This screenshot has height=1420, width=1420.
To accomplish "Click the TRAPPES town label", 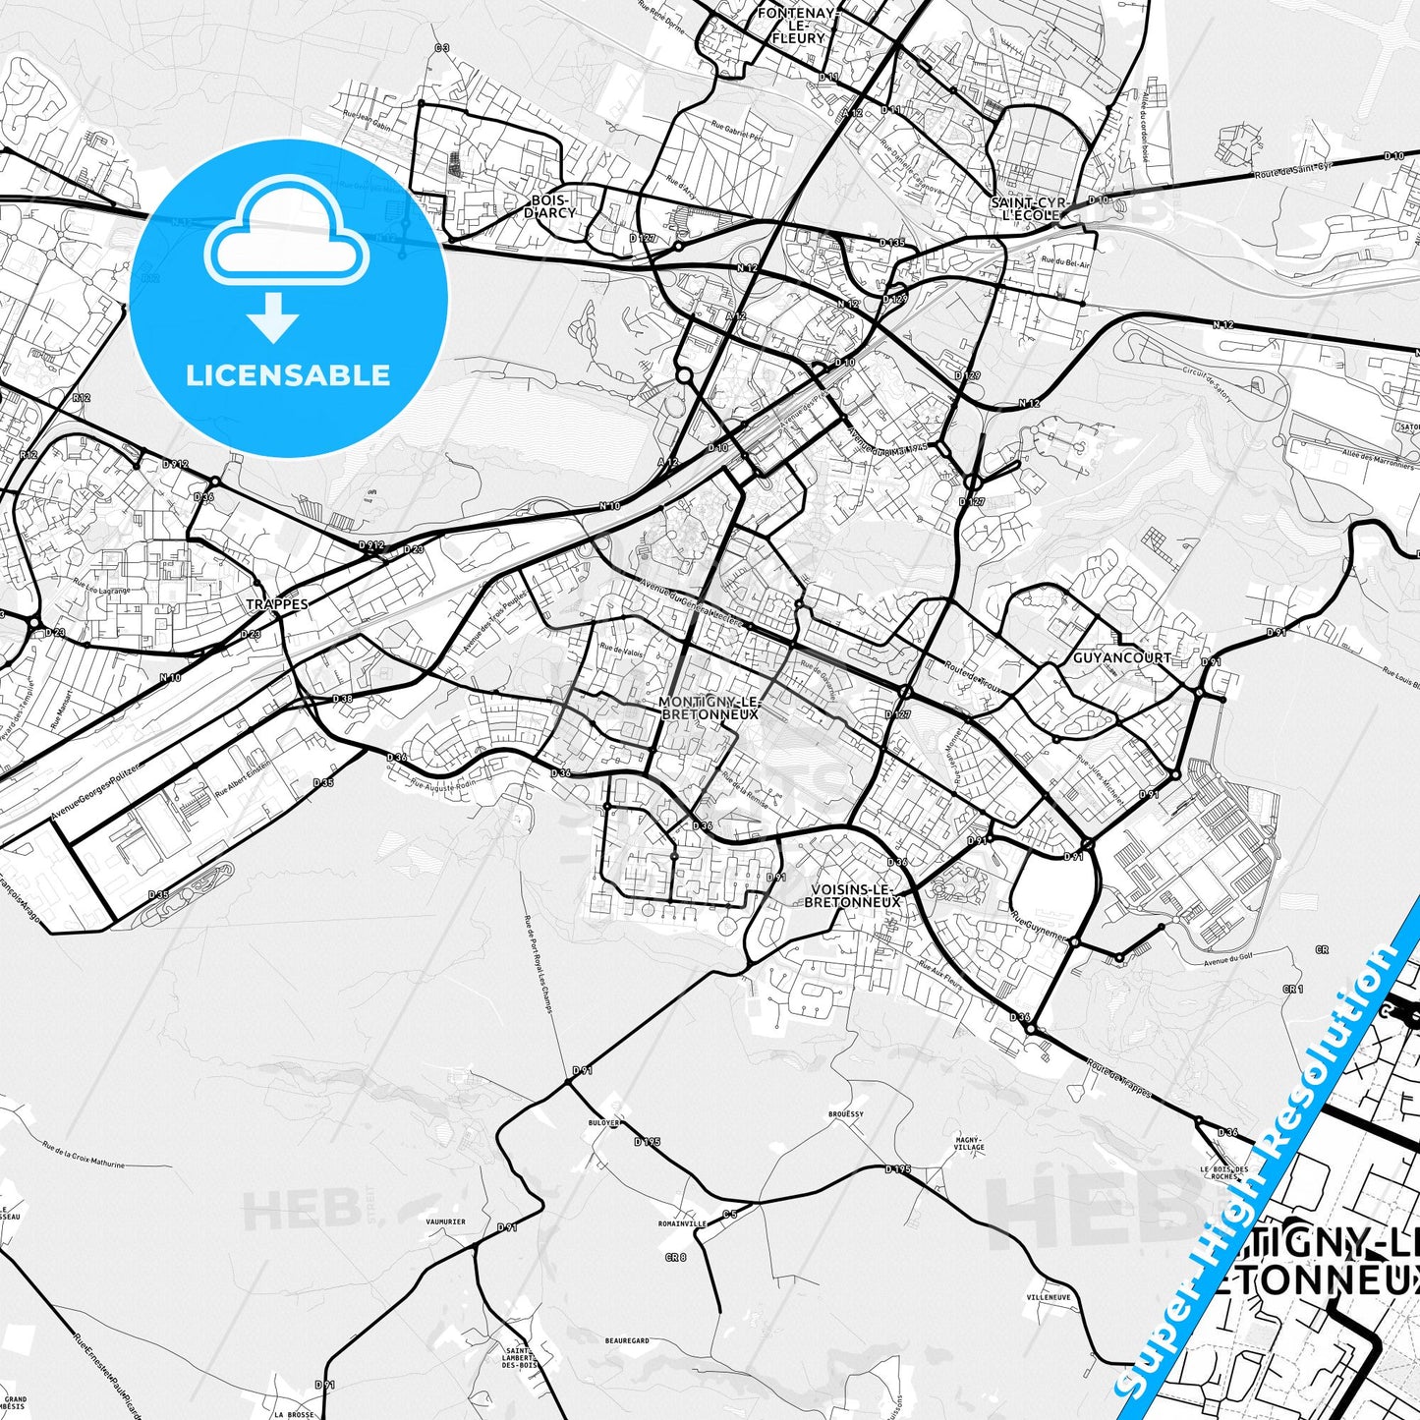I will pyautogui.click(x=276, y=604).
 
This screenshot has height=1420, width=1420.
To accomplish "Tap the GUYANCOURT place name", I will pyautogui.click(x=1121, y=657).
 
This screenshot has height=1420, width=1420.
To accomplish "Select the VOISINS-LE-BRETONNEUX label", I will pyautogui.click(x=852, y=894).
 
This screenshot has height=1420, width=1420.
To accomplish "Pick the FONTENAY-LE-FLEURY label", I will pyautogui.click(x=797, y=26).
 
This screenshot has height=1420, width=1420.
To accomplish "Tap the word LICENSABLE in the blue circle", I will pyautogui.click(x=288, y=374).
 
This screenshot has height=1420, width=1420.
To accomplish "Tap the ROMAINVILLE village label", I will pyautogui.click(x=683, y=1224).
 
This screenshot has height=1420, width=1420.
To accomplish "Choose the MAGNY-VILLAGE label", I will pyautogui.click(x=969, y=1143).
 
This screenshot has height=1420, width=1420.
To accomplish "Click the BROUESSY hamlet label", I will pyautogui.click(x=845, y=1114).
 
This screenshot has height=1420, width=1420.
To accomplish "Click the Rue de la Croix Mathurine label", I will pyautogui.click(x=84, y=1155).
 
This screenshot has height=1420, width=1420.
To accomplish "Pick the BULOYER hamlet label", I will pyautogui.click(x=603, y=1122).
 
